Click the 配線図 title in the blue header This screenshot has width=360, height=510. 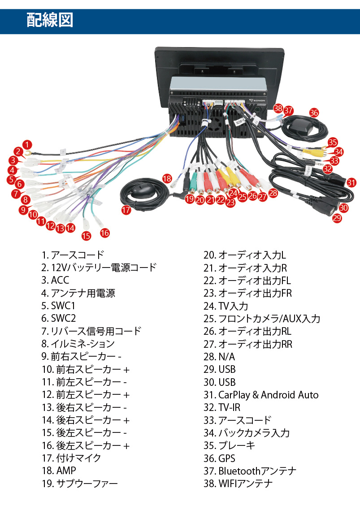coord(50,21)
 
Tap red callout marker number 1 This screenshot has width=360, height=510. coord(28,145)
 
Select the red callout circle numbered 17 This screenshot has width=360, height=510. coord(126,209)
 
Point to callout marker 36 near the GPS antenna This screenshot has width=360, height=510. coord(314,113)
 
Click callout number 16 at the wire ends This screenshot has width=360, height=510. coord(104,233)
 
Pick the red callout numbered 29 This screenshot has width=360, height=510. coord(337,218)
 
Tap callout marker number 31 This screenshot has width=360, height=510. coord(351,182)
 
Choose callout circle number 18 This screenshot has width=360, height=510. coord(167,178)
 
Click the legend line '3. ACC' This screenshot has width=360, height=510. coord(55,281)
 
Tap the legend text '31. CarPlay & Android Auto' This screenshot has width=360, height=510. coord(261,395)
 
